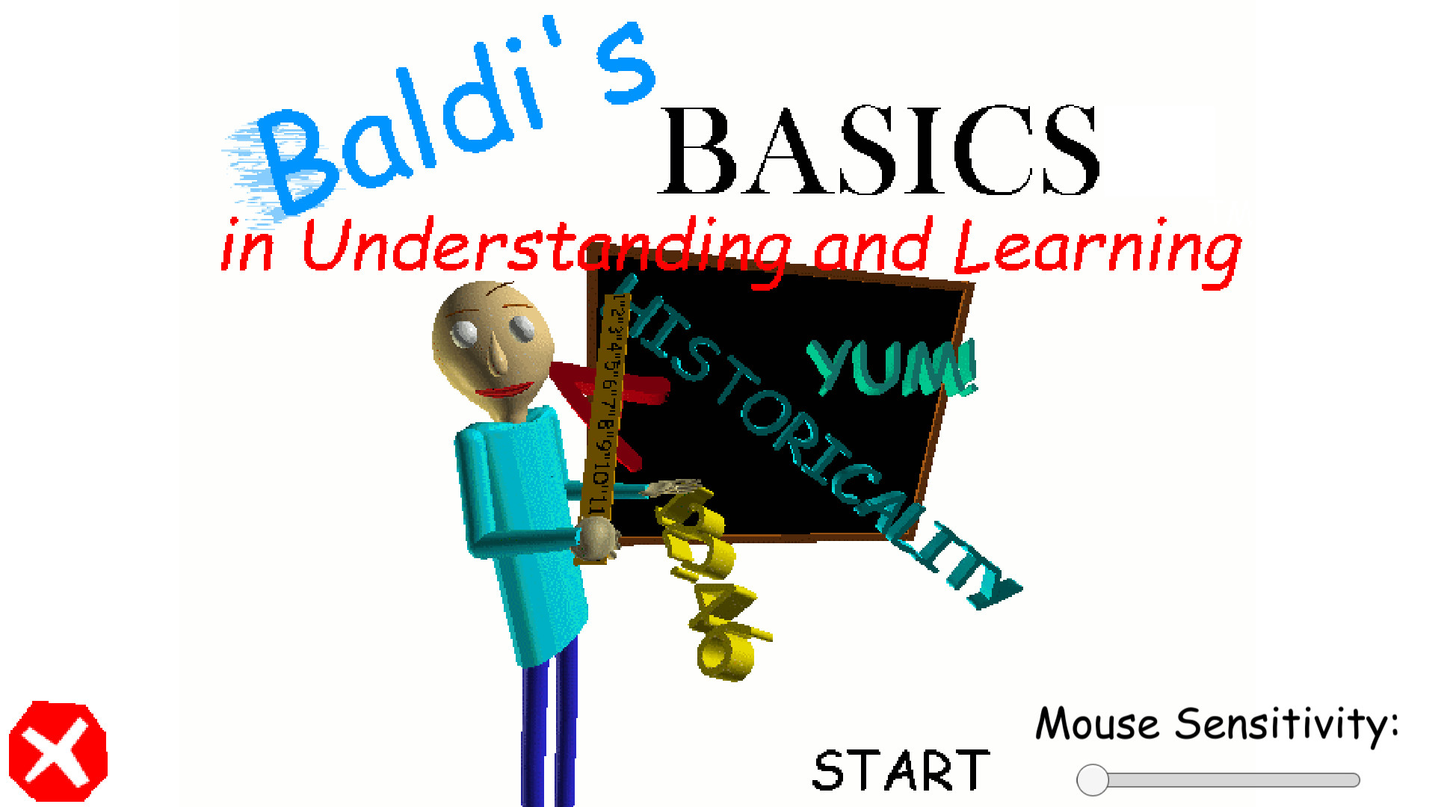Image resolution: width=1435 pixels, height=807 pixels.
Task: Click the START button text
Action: click(901, 770)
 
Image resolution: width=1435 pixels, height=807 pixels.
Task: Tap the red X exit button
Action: click(58, 752)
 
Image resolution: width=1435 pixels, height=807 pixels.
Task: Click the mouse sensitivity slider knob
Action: click(1092, 780)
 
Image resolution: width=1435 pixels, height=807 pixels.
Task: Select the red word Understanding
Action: click(546, 247)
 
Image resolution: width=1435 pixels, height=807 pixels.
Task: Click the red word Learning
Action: click(1097, 248)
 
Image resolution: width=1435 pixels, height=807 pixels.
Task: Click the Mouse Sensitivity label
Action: click(1216, 724)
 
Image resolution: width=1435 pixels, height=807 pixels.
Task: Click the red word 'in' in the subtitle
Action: click(247, 247)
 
